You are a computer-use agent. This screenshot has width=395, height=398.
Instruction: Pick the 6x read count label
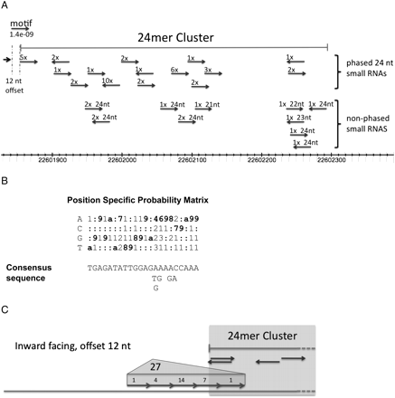[x=174, y=69]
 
